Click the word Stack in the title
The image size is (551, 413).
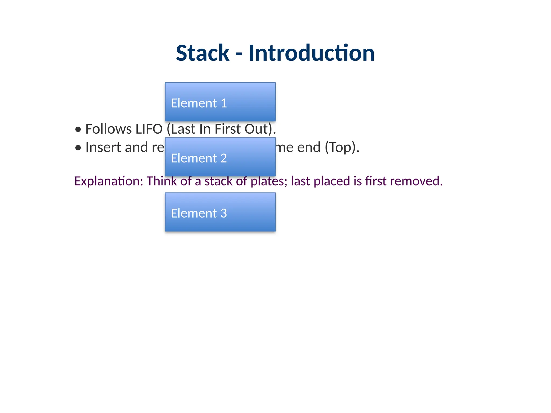(x=202, y=53)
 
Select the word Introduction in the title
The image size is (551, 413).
(x=311, y=53)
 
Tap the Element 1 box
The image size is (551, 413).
(x=220, y=102)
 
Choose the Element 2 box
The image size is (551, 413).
(x=220, y=157)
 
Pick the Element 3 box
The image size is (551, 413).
(x=220, y=212)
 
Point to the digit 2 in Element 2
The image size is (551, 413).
(x=224, y=158)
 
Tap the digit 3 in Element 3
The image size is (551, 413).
(x=224, y=213)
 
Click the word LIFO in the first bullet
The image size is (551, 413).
(x=149, y=129)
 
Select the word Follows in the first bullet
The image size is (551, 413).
(x=108, y=129)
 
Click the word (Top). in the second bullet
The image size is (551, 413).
(x=342, y=147)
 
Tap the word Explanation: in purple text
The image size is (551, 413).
(x=109, y=181)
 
